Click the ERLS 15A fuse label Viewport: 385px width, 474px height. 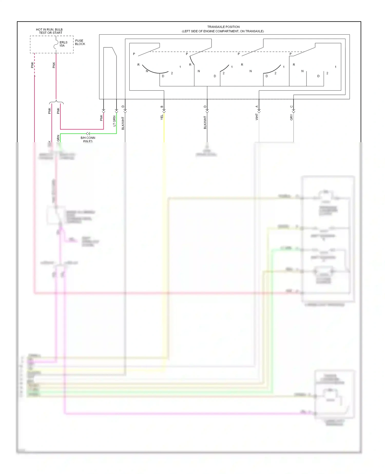click(63, 44)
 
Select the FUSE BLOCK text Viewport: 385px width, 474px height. click(80, 42)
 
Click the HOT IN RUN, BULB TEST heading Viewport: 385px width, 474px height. click(49, 31)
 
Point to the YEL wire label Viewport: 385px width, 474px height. click(162, 117)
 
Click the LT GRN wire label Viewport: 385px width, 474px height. click(114, 121)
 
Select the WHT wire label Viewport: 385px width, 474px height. click(256, 117)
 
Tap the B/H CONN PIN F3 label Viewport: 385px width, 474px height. click(88, 139)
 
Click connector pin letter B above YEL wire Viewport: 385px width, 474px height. click(162, 107)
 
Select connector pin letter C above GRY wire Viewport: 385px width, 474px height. click(291, 107)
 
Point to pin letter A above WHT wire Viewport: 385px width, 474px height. click(256, 107)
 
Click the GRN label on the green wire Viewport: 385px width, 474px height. click(58, 138)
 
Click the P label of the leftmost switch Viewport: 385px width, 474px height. click(134, 54)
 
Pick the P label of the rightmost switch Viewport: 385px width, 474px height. click(291, 54)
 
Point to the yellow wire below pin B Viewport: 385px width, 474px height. click(164, 128)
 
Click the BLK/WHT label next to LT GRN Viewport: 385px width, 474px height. click(123, 123)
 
